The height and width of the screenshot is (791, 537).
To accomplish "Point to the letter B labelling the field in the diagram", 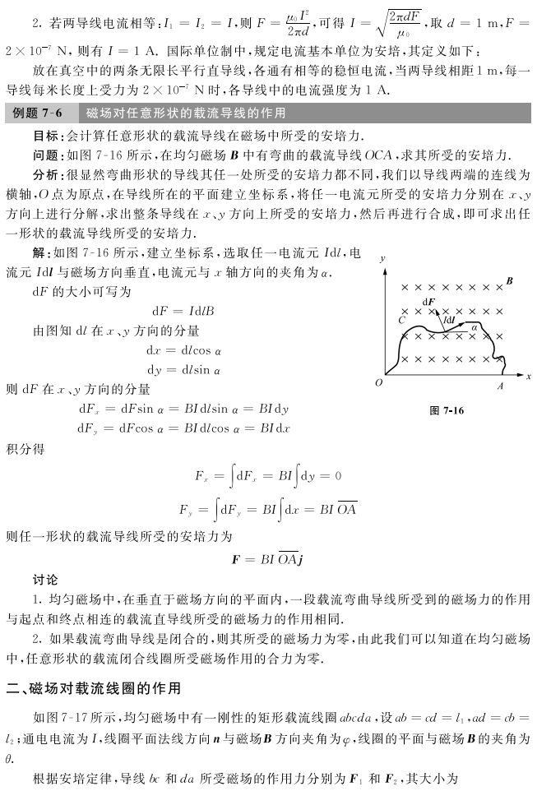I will pyautogui.click(x=510, y=282).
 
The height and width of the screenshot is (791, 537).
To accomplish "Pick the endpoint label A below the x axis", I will pyautogui.click(x=500, y=385).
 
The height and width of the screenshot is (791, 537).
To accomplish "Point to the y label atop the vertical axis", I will pyautogui.click(x=383, y=258).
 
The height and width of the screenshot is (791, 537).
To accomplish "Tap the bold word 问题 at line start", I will pyautogui.click(x=44, y=155).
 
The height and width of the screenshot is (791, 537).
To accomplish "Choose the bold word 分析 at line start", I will pyautogui.click(x=44, y=174).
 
